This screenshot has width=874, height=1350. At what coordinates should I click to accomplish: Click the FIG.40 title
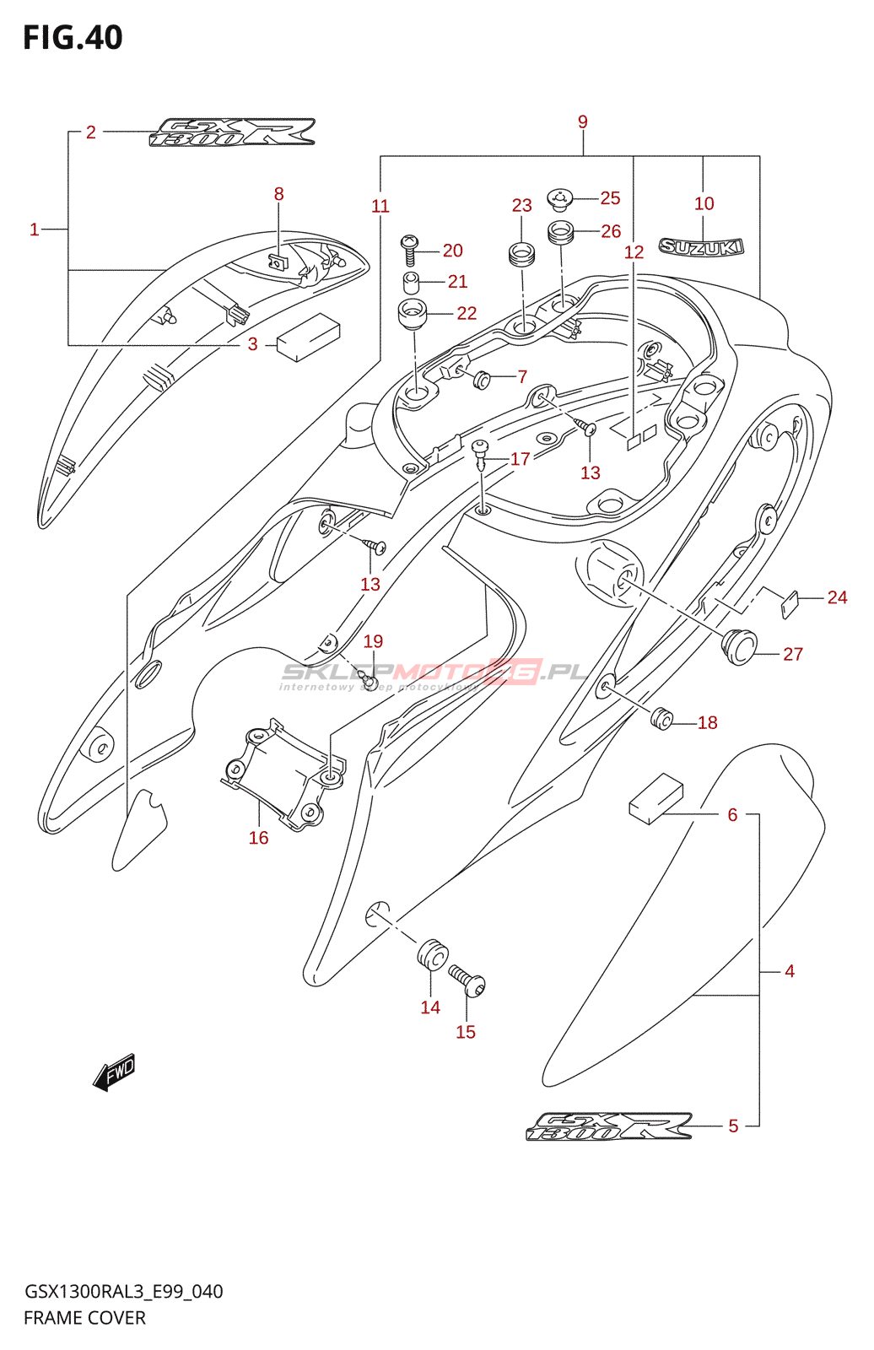click(73, 38)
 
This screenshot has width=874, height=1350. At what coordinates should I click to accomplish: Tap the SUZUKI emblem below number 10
click(701, 247)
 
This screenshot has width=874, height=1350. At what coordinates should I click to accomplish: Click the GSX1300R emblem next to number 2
click(232, 132)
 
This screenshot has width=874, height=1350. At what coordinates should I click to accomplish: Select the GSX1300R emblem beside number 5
click(609, 1126)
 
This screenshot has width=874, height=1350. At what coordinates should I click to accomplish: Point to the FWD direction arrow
click(114, 1072)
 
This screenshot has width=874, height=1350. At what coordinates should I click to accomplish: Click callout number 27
click(792, 654)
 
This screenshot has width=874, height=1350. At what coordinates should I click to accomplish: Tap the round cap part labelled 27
click(740, 646)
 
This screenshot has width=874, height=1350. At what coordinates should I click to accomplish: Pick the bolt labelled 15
click(467, 982)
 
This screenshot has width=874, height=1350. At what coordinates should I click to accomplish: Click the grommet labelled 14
click(432, 955)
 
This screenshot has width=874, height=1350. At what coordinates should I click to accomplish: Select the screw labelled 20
click(410, 250)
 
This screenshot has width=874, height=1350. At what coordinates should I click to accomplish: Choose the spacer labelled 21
click(411, 281)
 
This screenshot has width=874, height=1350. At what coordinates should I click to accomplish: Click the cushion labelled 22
click(412, 314)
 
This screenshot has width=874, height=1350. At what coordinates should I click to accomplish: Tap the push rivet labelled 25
click(559, 199)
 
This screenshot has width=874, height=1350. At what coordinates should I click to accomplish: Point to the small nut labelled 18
click(662, 719)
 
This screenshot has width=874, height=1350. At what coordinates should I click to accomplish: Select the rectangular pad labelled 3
click(308, 337)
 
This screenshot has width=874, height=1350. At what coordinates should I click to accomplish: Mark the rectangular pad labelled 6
click(656, 798)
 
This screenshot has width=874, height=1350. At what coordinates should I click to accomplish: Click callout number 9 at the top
click(583, 122)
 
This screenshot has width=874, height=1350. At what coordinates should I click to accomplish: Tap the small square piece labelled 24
click(790, 604)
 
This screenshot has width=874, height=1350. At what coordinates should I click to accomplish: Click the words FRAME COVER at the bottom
click(84, 1318)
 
